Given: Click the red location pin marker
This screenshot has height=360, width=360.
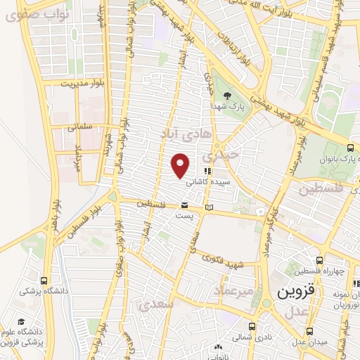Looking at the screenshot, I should (181, 165).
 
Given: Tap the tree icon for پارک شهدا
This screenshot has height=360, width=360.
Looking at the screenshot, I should (226, 96).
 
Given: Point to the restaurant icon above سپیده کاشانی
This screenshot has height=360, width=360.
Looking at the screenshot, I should (207, 170).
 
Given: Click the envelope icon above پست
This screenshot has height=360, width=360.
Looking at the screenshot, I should (184, 205).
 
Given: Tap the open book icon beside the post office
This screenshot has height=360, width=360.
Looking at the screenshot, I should (208, 207).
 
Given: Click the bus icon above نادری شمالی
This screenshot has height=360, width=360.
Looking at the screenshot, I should (252, 327).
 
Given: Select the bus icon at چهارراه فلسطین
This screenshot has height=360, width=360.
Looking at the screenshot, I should (320, 261).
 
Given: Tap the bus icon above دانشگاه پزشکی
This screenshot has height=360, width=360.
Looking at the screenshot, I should (45, 281).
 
